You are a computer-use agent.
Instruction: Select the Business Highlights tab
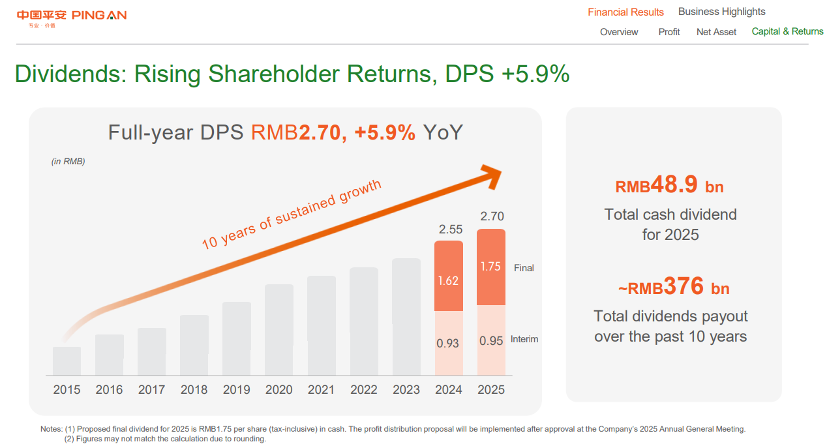click(721, 12)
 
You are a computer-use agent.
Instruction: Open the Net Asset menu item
click(716, 32)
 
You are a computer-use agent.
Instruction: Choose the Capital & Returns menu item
click(787, 31)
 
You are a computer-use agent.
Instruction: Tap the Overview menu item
click(619, 32)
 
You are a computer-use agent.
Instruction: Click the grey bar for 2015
click(67, 361)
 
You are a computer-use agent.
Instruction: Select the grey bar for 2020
click(279, 330)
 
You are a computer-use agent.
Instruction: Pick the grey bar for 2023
click(406, 317)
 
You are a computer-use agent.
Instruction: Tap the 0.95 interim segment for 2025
click(491, 340)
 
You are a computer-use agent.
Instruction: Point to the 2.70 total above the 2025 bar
click(492, 216)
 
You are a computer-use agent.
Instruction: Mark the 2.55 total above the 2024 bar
click(451, 229)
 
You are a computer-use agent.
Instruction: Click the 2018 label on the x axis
click(194, 390)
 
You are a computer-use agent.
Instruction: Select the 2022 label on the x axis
click(364, 390)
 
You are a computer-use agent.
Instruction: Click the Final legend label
click(524, 268)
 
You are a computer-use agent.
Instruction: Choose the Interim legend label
click(524, 339)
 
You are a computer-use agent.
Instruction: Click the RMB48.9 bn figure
click(670, 186)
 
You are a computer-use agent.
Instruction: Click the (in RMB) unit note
click(68, 162)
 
